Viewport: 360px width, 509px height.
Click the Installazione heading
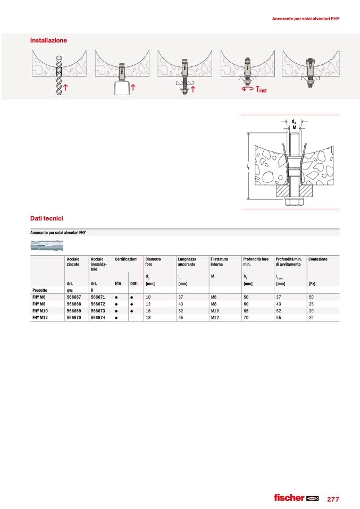point(49,40)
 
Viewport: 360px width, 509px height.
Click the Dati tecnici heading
point(47,218)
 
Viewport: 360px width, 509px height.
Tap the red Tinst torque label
point(261,90)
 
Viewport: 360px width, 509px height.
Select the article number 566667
point(73,297)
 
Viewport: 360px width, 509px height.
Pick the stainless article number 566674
point(98,317)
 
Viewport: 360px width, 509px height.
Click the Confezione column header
point(318,259)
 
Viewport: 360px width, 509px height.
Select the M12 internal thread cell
point(215,317)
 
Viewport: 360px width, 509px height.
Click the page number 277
point(333,499)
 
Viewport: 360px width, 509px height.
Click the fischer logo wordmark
point(289,498)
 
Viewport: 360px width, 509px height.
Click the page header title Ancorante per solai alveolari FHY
point(305,19)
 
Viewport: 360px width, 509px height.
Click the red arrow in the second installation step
point(132,87)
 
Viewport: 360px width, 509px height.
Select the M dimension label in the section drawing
point(294,128)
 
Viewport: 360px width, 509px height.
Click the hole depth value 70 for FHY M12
point(246,317)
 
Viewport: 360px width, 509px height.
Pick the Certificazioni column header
point(126,259)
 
